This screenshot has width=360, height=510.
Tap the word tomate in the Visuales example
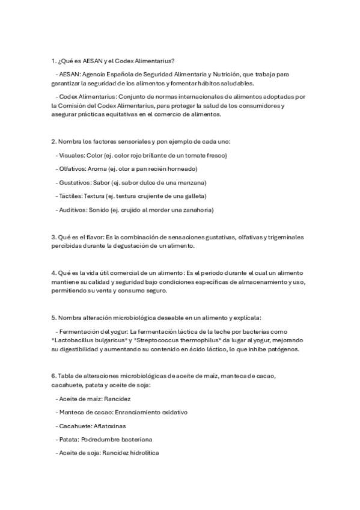191,155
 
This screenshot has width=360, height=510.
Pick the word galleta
194,197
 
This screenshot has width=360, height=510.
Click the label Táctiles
70,197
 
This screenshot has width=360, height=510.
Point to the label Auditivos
73,210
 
